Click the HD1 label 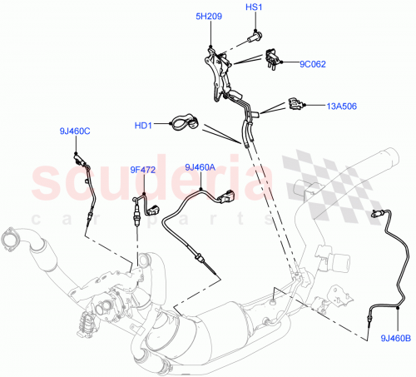click(143, 126)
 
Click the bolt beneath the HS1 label click(254, 36)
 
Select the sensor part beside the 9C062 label click(272, 57)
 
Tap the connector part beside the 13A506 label click(296, 105)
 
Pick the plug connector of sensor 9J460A click(228, 197)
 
